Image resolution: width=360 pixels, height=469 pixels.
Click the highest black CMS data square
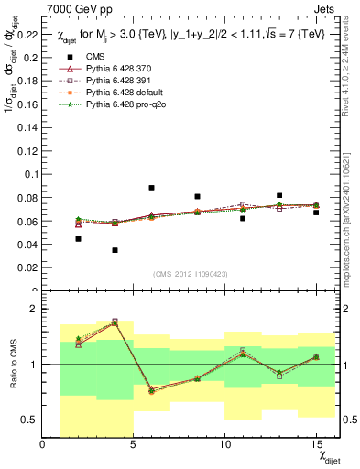151,188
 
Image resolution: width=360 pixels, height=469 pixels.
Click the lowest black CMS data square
115,250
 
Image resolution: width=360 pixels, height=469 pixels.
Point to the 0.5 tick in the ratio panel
27,420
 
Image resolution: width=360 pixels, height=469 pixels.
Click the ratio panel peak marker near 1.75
115,322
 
